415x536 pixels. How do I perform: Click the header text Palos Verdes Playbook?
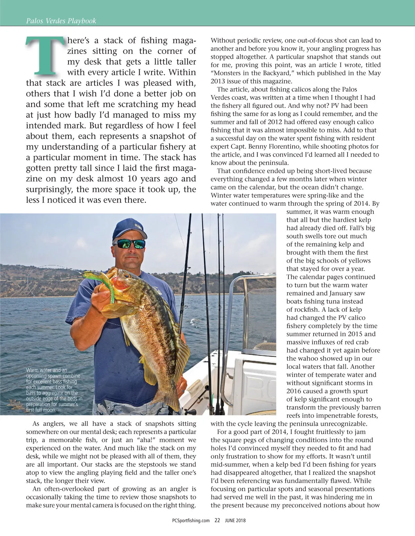tap(61, 21)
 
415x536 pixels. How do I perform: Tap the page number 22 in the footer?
tap(217, 520)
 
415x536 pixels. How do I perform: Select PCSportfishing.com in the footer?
tap(191, 520)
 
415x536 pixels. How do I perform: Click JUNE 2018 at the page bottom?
tap(235, 520)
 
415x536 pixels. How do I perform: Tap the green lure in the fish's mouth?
tap(104, 283)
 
